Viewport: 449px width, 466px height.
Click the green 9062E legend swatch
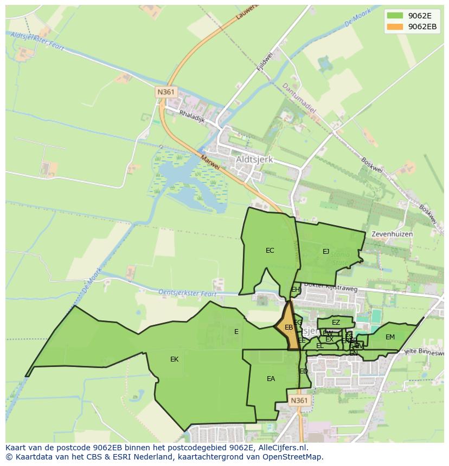click(395, 16)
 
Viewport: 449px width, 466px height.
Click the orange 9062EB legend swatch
click(395, 27)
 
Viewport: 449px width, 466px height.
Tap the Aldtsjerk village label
click(254, 160)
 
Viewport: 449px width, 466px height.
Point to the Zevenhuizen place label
click(392, 234)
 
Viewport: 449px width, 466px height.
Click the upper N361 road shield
click(166, 92)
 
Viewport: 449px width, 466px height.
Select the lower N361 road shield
click(299, 401)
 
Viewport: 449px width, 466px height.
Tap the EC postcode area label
click(270, 251)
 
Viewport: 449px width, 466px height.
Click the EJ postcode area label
click(326, 251)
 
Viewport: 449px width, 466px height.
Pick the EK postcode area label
click(174, 359)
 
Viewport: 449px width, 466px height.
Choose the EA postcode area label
click(271, 379)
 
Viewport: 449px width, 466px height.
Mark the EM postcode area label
click(390, 337)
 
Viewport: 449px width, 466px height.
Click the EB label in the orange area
click(288, 327)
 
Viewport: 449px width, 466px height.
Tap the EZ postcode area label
click(336, 323)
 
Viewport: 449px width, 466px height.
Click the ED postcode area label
click(304, 371)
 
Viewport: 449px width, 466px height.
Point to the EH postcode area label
click(296, 290)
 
